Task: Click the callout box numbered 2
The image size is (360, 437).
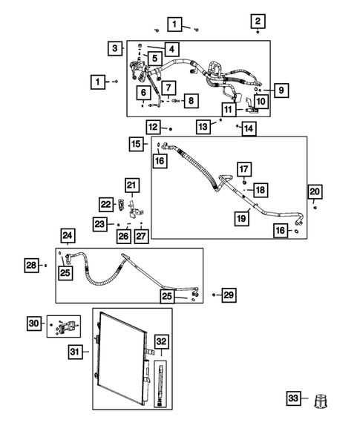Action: point(257,21)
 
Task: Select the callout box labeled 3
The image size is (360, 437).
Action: point(115,48)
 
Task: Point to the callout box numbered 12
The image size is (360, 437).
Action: point(153,127)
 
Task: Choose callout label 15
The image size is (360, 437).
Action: point(135,143)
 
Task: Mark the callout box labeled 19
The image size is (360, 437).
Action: point(241,218)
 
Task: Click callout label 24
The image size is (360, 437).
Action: point(68,237)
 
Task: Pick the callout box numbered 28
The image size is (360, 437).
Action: point(31,265)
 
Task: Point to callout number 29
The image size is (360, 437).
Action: point(229,295)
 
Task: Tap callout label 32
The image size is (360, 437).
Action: point(161,342)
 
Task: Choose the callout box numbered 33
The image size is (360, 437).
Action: point(295,400)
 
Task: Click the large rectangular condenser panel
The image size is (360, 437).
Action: point(121,356)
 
